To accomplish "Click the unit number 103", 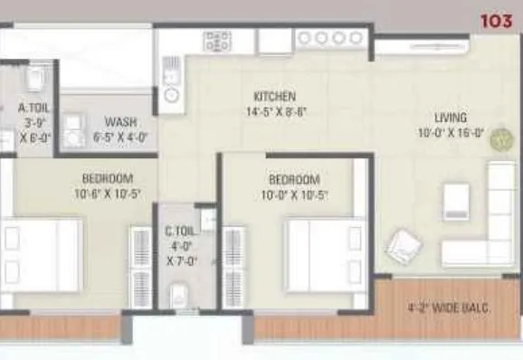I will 496,17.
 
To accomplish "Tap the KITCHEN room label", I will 275,96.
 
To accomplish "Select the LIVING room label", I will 450,118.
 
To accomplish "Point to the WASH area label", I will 120,122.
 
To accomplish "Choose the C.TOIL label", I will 176,232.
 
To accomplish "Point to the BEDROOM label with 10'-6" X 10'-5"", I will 108,177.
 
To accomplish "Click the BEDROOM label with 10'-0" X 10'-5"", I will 293,179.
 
